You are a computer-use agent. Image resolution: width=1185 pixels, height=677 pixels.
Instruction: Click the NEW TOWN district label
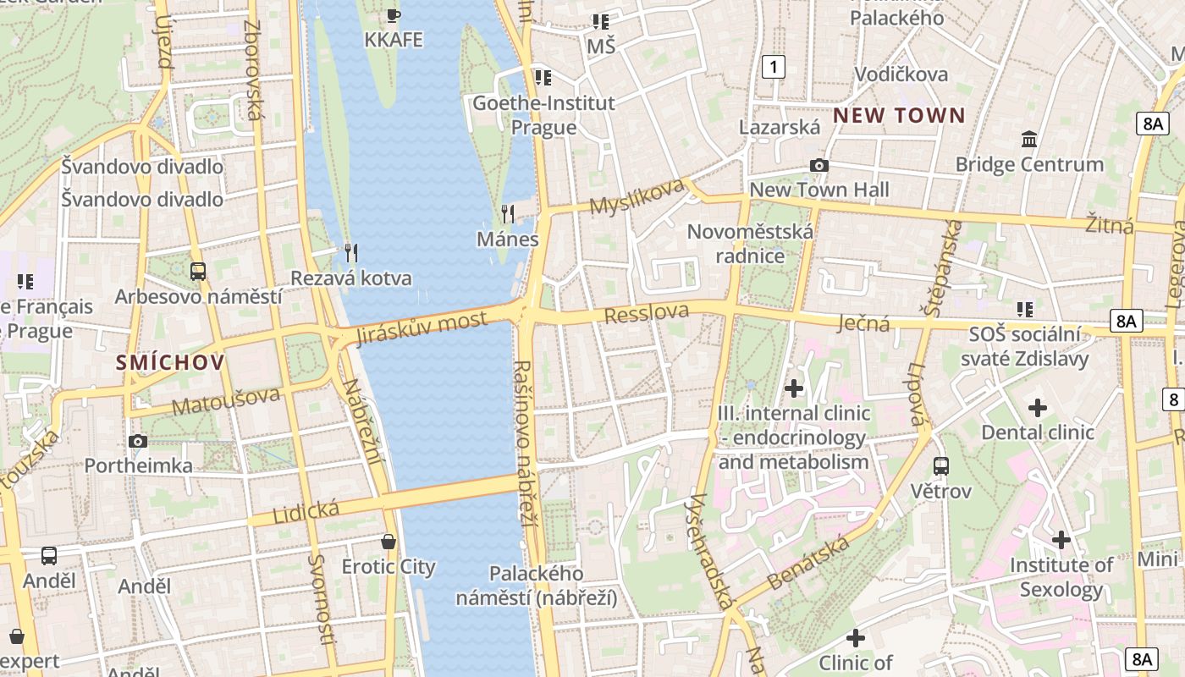tap(899, 116)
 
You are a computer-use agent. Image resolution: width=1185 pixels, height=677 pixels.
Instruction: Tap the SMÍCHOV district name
tap(171, 363)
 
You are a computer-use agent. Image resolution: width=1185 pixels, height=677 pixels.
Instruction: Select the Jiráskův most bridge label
tap(422, 327)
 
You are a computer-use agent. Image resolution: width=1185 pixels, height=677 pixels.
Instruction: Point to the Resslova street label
tap(647, 313)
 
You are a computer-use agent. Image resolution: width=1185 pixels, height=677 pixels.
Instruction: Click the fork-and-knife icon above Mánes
tap(508, 213)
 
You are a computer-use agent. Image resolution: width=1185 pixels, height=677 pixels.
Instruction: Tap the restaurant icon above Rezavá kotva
tap(351, 252)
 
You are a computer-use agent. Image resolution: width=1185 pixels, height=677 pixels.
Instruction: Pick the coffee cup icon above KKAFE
tap(393, 14)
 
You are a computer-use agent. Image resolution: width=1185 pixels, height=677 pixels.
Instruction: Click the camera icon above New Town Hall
tap(818, 165)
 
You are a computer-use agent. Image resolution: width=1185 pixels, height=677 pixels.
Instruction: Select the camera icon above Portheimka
tap(138, 441)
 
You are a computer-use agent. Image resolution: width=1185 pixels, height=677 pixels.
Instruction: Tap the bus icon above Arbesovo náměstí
tap(198, 272)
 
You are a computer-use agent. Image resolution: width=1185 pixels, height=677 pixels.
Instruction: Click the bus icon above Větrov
tap(940, 465)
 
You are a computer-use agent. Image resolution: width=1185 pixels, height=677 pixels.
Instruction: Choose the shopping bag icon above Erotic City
tap(389, 541)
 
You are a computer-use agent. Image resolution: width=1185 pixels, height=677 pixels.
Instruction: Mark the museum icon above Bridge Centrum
tap(1029, 139)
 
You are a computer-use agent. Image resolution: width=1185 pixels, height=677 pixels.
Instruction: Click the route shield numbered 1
tap(773, 67)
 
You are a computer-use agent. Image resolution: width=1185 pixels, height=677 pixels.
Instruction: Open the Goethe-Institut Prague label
tap(543, 115)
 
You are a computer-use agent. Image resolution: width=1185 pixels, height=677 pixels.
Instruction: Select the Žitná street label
tap(1110, 225)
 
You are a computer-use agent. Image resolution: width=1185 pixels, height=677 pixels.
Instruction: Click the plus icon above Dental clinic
tap(1037, 408)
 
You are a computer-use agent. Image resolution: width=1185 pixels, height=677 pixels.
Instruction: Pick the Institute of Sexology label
tap(1061, 577)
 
